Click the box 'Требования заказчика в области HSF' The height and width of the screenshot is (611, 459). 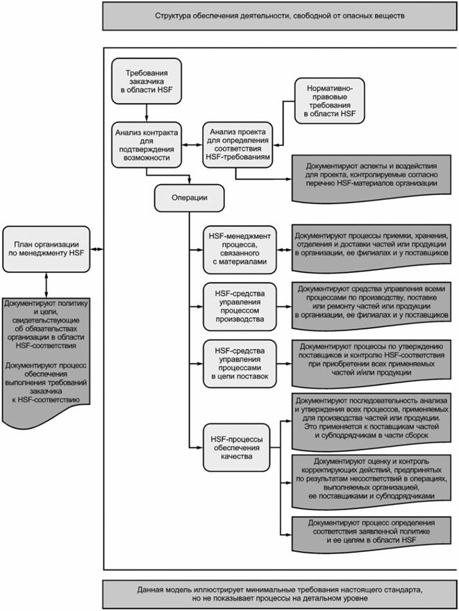click(146, 81)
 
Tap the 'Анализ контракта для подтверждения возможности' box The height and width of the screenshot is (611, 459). click(146, 144)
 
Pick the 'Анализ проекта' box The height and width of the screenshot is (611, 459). click(235, 144)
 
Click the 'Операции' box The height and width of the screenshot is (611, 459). click(189, 199)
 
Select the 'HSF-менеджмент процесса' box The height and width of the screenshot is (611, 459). click(237, 247)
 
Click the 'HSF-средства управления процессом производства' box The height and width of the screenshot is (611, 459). click(237, 303)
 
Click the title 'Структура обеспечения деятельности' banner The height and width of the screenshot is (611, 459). click(279, 15)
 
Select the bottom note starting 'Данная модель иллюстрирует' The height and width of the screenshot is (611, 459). click(279, 592)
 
